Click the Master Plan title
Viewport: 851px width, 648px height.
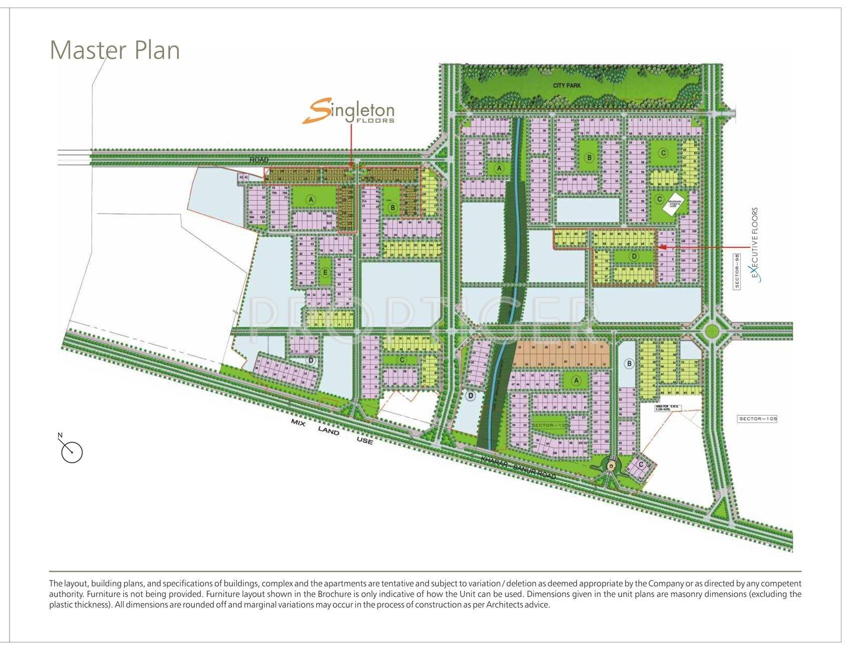(x=115, y=50)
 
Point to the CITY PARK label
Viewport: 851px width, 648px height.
(x=567, y=86)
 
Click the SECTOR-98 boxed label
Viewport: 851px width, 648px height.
(x=737, y=270)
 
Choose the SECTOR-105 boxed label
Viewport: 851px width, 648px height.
(x=757, y=419)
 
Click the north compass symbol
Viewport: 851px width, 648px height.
(x=72, y=452)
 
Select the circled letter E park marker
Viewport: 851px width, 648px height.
(x=325, y=272)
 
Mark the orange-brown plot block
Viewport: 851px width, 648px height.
(x=561, y=355)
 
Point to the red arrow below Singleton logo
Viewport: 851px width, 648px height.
(x=351, y=145)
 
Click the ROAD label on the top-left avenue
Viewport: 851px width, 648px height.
(x=259, y=160)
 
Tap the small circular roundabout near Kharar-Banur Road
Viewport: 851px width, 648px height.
(x=611, y=466)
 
